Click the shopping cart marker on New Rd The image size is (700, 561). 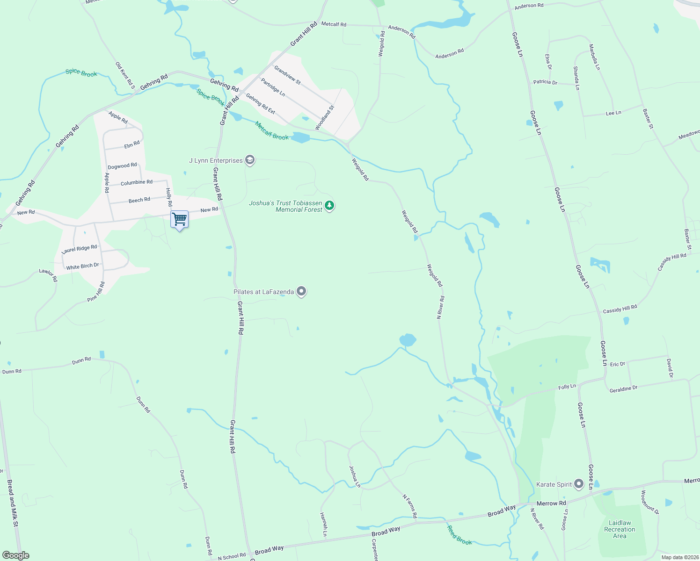pyautogui.click(x=180, y=219)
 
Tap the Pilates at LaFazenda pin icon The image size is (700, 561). pyautogui.click(x=302, y=292)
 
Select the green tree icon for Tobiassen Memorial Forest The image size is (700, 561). pyautogui.click(x=330, y=205)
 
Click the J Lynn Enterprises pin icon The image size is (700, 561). pyautogui.click(x=250, y=160)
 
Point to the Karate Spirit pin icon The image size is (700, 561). pyautogui.click(x=579, y=484)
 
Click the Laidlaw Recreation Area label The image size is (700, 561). pyautogui.click(x=620, y=529)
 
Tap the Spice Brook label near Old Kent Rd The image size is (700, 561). pyautogui.click(x=81, y=73)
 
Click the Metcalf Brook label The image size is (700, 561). pyautogui.click(x=272, y=130)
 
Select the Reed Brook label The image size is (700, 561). pyautogui.click(x=459, y=535)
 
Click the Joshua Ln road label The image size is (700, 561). pyautogui.click(x=355, y=476)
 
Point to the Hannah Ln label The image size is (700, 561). pyautogui.click(x=324, y=524)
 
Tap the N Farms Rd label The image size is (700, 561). pyautogui.click(x=410, y=506)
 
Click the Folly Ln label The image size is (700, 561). pyautogui.click(x=567, y=387)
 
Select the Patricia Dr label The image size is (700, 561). pyautogui.click(x=545, y=82)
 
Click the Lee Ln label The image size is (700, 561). pyautogui.click(x=613, y=113)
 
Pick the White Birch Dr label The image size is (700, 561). pyautogui.click(x=82, y=266)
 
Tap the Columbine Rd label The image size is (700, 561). pyautogui.click(x=137, y=182)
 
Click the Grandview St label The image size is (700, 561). pyautogui.click(x=287, y=75)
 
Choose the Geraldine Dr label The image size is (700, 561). pyautogui.click(x=623, y=389)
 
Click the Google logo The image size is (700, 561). pyautogui.click(x=16, y=555)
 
